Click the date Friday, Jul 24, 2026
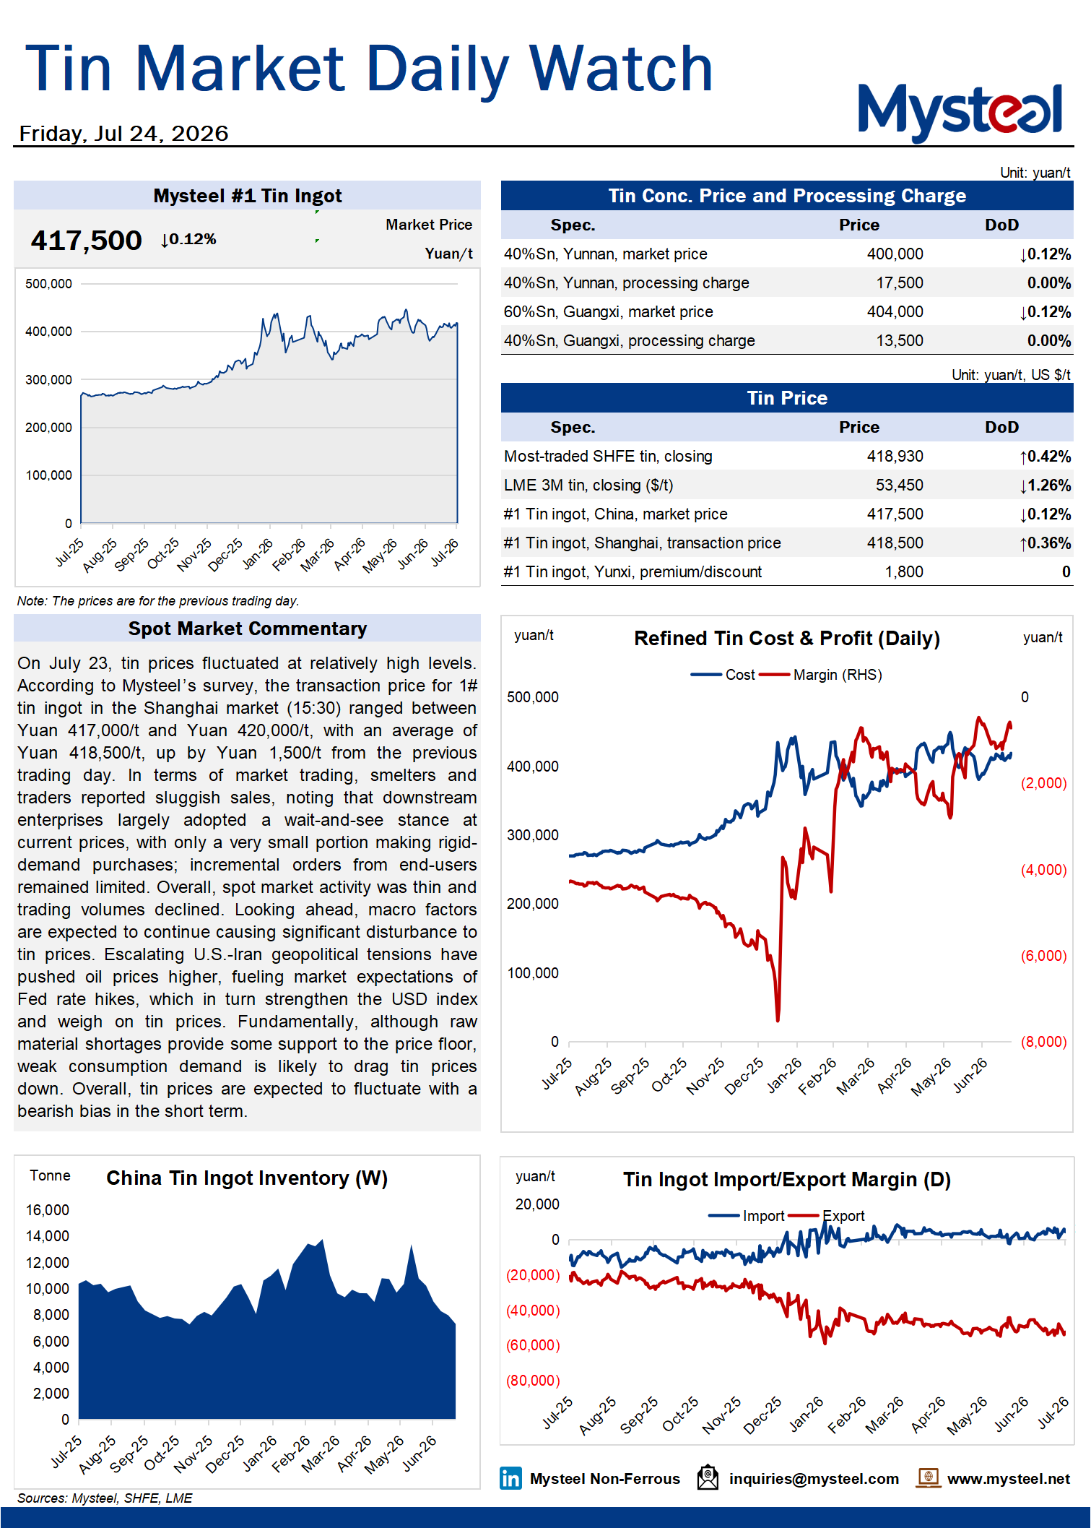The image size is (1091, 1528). coord(123,134)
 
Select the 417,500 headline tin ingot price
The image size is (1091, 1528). coord(86,240)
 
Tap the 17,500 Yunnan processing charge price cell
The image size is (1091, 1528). coord(900,282)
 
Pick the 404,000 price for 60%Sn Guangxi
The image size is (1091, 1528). coord(895,311)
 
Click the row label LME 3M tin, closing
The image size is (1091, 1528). coord(588,485)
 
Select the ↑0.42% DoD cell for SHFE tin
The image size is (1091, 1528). coord(1045,456)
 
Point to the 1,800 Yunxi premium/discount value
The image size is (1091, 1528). coord(904,571)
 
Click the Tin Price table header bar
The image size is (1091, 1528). coord(787,398)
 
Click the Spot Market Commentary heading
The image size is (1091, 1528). coord(248,629)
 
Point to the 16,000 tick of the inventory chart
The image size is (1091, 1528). coord(48,1210)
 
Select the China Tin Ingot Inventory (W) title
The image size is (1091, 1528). coord(247,1178)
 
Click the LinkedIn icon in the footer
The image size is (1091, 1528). coord(510,1478)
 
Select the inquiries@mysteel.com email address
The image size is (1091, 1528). coord(814,1479)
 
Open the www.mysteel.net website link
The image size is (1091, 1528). coord(1009,1479)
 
